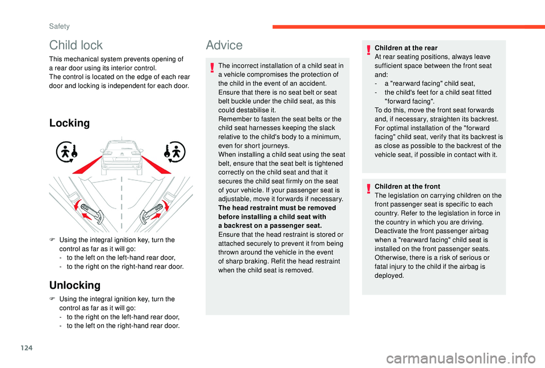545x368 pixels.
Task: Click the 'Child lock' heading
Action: [76, 45]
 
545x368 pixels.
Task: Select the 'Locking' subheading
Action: [70, 123]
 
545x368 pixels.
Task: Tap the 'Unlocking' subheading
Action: [75, 285]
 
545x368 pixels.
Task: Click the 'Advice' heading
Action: [224, 45]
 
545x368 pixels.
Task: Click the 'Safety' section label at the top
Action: [59, 26]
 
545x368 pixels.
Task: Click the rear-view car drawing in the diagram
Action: [121, 156]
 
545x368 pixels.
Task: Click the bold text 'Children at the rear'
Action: [406, 48]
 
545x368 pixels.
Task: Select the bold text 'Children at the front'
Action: [406, 186]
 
